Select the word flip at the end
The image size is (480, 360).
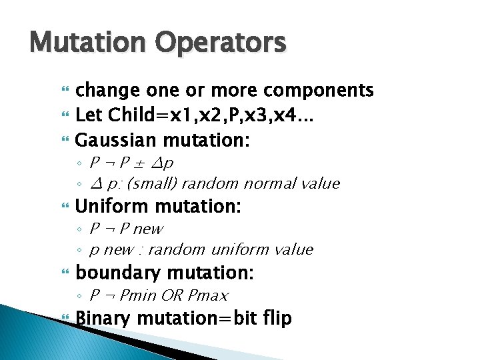(x=277, y=318)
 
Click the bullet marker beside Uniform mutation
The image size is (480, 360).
(x=65, y=207)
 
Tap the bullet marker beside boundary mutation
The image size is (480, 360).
(x=65, y=273)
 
